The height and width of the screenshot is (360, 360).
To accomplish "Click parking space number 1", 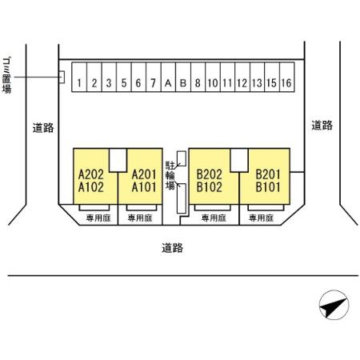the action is [79, 77].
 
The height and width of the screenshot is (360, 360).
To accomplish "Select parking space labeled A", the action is [168, 77].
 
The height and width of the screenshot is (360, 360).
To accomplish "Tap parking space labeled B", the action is [183, 77].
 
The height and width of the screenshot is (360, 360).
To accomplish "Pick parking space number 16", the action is [287, 77].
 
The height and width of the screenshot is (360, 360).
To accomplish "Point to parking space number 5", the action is [124, 77].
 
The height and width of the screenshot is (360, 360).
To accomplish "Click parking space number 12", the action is [242, 77].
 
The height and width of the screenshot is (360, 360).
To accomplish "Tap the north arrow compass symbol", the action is [334, 305].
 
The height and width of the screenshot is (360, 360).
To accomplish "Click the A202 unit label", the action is [91, 174].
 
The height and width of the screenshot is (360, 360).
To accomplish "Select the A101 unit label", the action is [144, 187].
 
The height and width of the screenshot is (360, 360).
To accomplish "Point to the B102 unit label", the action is [210, 187].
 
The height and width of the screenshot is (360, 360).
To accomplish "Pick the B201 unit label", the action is [268, 174].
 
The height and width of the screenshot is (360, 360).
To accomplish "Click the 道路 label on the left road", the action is [43, 128].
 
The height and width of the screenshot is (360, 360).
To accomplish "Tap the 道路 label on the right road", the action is [322, 125].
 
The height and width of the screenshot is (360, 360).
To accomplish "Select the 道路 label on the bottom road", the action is [173, 248].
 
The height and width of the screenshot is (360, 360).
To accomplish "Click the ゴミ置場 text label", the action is [7, 75].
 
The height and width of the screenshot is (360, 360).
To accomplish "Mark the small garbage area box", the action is [62, 77].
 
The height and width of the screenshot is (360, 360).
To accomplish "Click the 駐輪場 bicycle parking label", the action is [170, 175].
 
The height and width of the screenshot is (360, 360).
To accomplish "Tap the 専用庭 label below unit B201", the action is [262, 218].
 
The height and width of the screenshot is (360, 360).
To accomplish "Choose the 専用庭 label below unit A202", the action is [98, 218].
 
